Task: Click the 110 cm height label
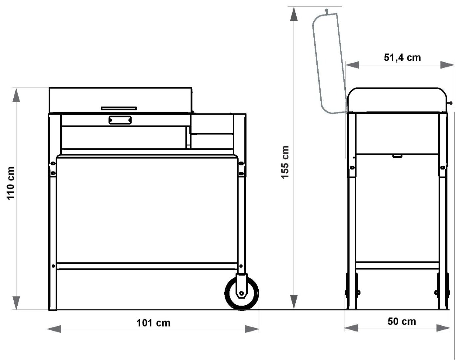click(x=11, y=183)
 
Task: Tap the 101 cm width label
click(x=153, y=323)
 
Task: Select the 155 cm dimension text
click(x=285, y=162)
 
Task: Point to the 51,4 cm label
click(x=402, y=58)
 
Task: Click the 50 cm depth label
click(x=402, y=322)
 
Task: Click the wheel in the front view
click(x=241, y=293)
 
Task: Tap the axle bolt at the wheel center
click(x=241, y=293)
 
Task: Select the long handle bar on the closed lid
click(x=119, y=108)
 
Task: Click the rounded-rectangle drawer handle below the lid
click(x=120, y=120)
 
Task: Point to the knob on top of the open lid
click(x=326, y=11)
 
